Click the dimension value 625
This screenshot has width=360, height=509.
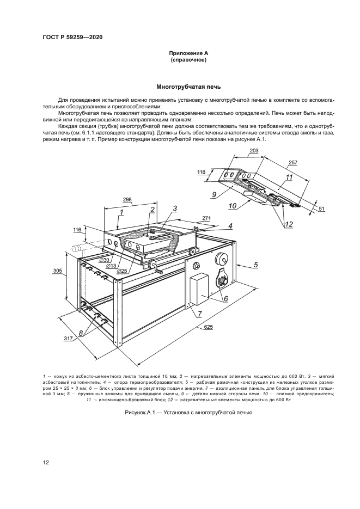pos(208,327)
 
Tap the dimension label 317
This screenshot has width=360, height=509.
pos(69,339)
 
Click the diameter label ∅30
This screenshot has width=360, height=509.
pos(105,260)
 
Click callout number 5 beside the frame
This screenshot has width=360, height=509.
pos(255,265)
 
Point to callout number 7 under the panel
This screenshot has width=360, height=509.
pos(199,314)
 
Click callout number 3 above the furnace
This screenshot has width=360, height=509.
pos(175,208)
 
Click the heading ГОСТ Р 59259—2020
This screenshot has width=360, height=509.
pos(72,37)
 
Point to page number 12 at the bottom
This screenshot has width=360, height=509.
pos(46,463)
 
